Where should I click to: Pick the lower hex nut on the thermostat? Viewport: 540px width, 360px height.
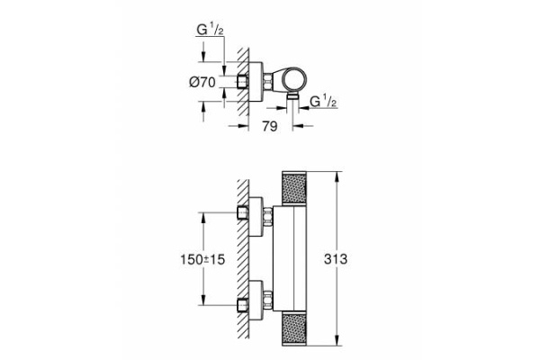pyautogui.click(x=267, y=301)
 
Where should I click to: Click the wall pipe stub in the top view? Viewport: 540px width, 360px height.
pyautogui.click(x=247, y=82)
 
